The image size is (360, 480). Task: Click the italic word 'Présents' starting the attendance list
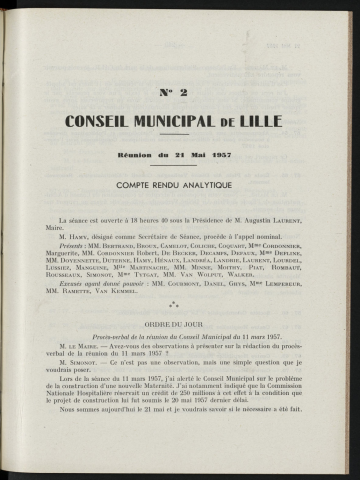(x=75, y=243)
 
